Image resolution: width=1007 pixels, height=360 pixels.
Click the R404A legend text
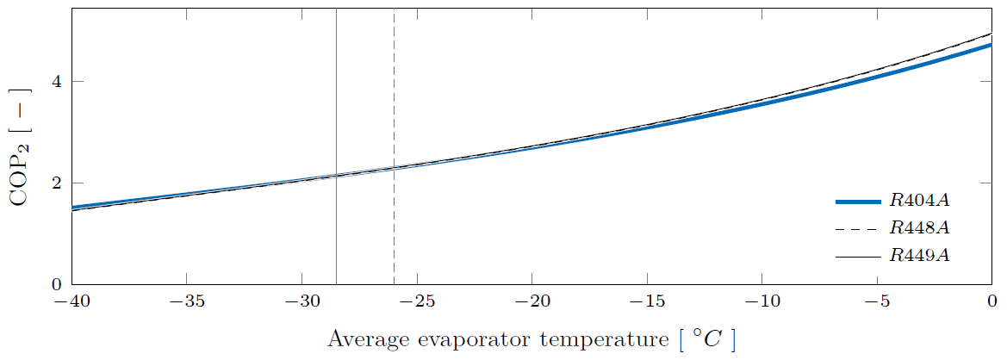coord(920,202)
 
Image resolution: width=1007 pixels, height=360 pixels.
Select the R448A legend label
coord(920,228)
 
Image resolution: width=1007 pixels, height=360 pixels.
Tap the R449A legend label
coord(920,256)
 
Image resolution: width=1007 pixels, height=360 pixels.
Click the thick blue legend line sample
coord(857,202)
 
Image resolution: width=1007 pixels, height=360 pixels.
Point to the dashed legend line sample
coord(857,228)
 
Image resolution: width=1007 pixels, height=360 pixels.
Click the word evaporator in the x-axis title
coord(485,339)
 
